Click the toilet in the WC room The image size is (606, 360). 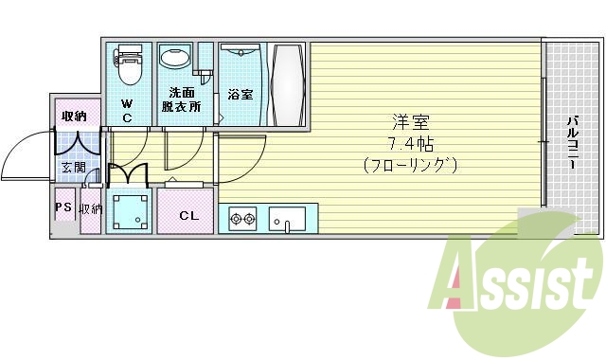coord(129,65)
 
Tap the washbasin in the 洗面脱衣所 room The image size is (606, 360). coord(174,59)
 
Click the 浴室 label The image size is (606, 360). coord(241,95)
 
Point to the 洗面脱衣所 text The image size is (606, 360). coord(183,99)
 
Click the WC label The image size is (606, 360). coord(128,111)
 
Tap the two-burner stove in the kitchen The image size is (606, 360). coord(242,219)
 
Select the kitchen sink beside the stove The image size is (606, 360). coord(287,219)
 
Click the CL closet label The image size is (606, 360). coord(188,216)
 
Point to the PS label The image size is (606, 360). coord(63,207)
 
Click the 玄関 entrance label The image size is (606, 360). coord(73,168)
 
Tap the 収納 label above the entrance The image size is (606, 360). coord(75,117)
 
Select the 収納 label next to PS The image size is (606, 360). coord(91,208)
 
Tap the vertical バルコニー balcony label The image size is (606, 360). coord(573,143)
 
